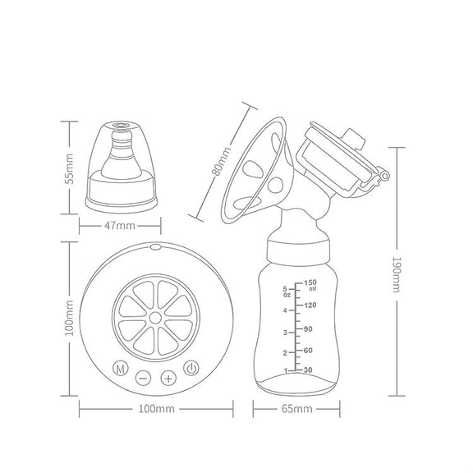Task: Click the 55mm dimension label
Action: [x=69, y=168]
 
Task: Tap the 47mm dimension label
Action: [x=120, y=226]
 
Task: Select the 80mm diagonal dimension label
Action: [x=222, y=161]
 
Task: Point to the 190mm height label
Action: [x=397, y=274]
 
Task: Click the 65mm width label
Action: [x=296, y=409]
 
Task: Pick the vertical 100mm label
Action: [x=69, y=318]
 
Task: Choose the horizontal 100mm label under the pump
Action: [x=156, y=409]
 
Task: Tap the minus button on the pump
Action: [x=143, y=378]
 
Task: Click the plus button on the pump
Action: [x=168, y=378]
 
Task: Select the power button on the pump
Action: [x=191, y=368]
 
